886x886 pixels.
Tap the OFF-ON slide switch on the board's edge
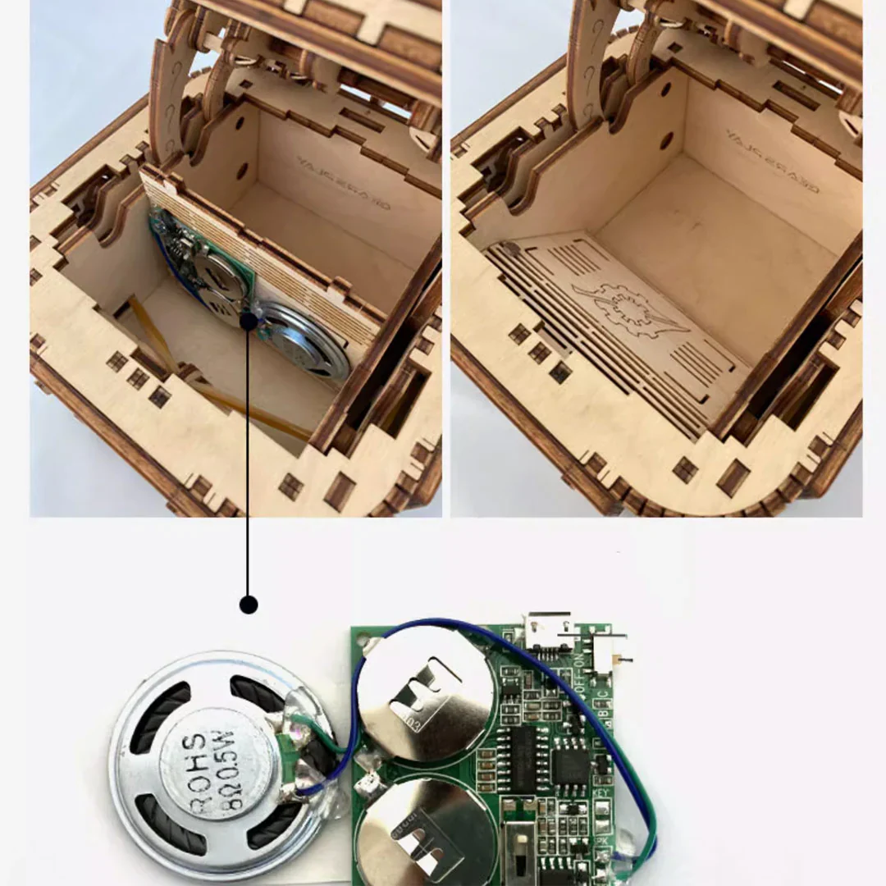pyautogui.click(x=608, y=653)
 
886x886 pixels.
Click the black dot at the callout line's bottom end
pyautogui.click(x=249, y=605)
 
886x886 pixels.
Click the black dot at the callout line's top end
pyautogui.click(x=249, y=322)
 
